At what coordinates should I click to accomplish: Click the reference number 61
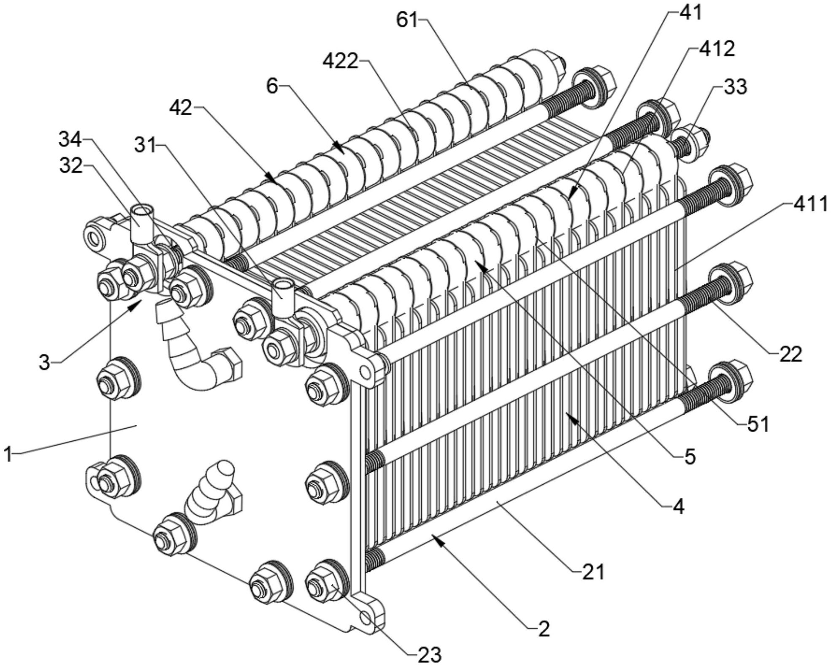[x=406, y=20]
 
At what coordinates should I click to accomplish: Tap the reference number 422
[x=340, y=62]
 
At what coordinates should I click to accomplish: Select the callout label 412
[x=717, y=49]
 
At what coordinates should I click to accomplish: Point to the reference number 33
[x=735, y=87]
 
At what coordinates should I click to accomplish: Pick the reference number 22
[x=790, y=354]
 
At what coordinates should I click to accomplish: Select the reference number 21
[x=593, y=572]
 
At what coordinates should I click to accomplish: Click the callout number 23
[x=430, y=654]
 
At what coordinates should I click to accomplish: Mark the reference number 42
[x=181, y=108]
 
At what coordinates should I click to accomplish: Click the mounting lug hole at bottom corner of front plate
[x=365, y=618]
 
